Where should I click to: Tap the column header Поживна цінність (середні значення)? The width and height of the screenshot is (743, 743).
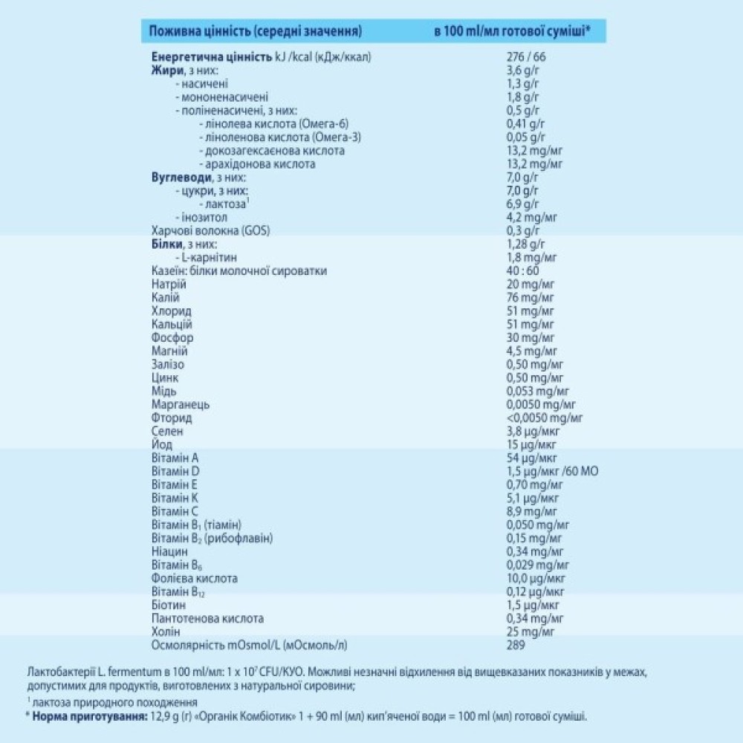tap(256, 31)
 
